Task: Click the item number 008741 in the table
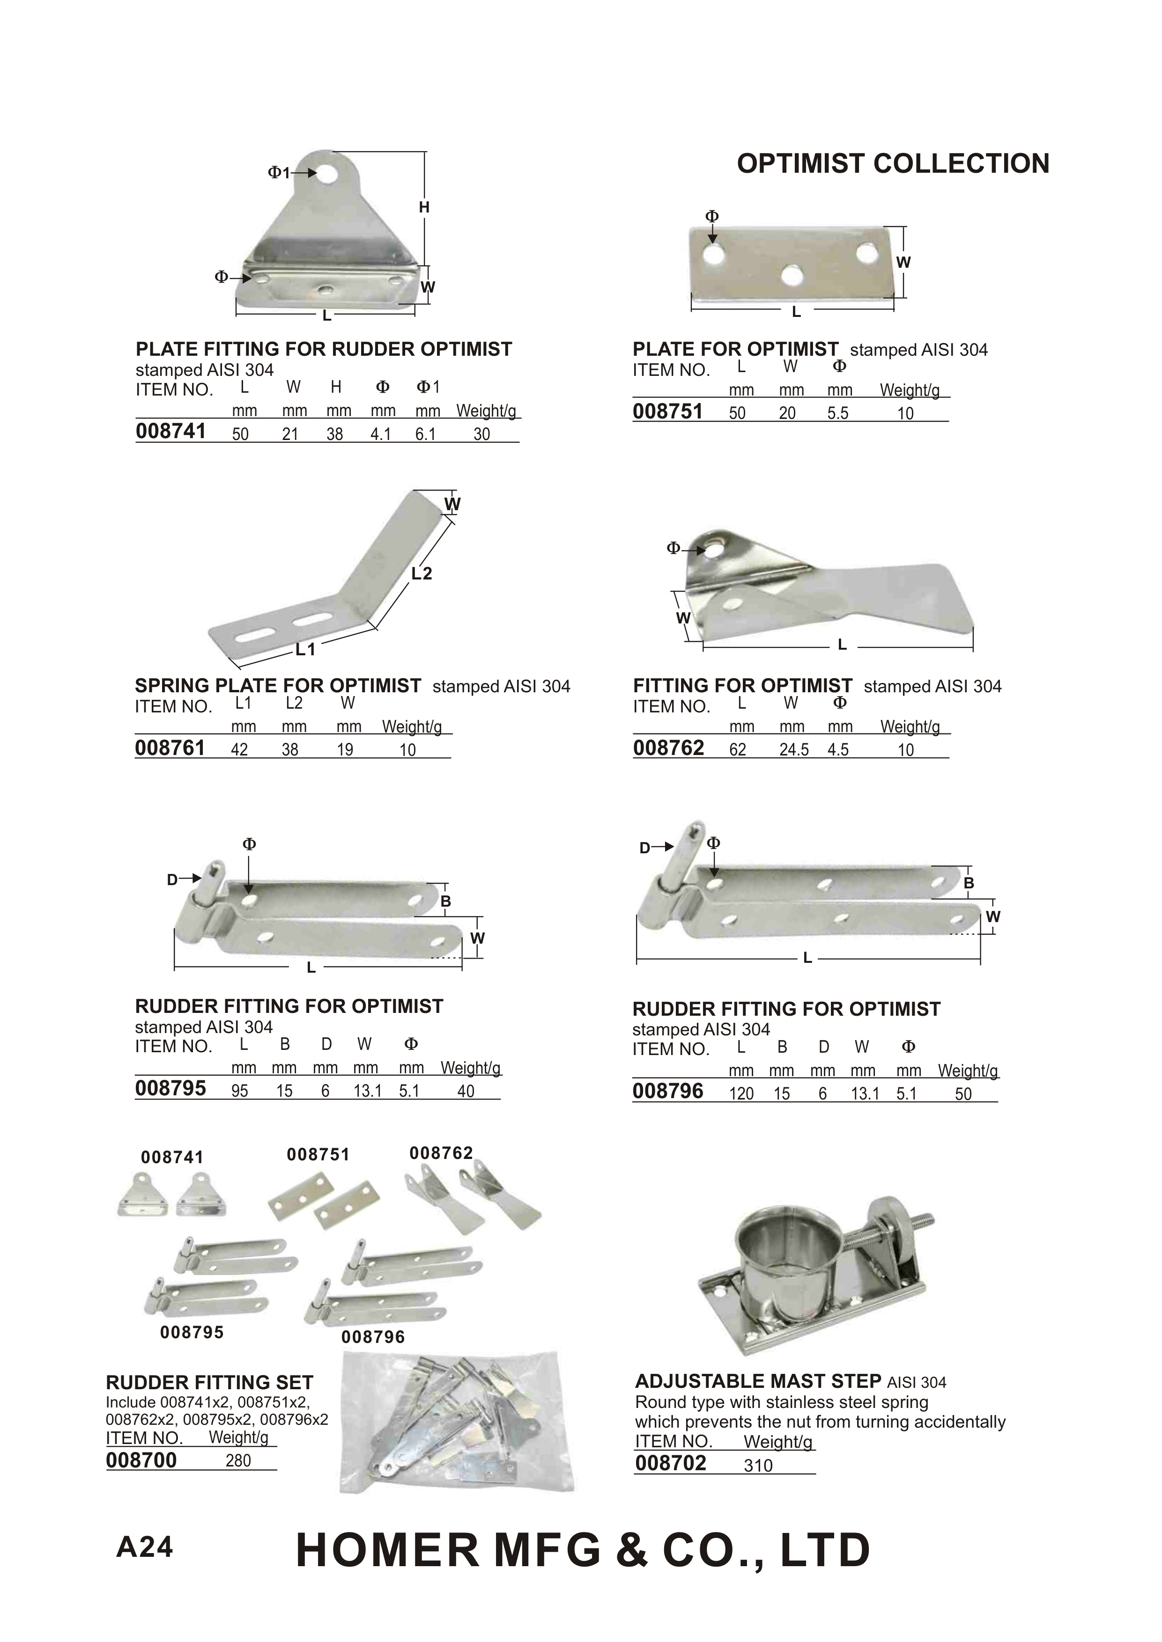pos(170,431)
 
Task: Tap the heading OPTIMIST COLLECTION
pos(893,164)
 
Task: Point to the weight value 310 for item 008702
pos(758,1466)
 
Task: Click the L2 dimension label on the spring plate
pos(422,573)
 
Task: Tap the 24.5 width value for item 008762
pos(793,749)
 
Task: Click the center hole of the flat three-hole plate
pos(792,274)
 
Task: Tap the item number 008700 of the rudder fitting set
pos(141,1459)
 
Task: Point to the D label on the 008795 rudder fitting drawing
pos(172,880)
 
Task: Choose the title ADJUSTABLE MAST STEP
pos(758,1381)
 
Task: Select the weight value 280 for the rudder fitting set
pos(238,1460)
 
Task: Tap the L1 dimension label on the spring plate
pos(305,649)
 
